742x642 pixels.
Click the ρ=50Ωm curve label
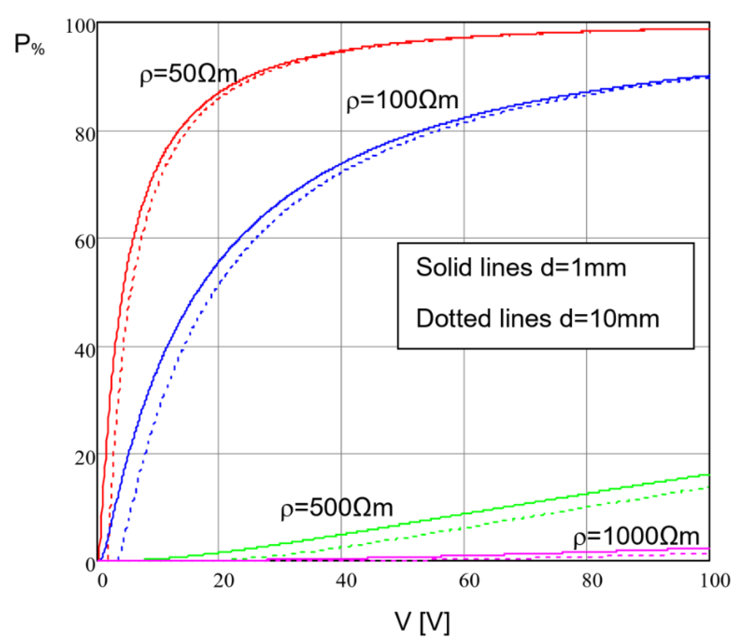tap(188, 75)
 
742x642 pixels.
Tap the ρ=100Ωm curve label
tap(402, 101)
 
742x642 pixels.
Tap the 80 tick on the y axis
tap(85, 135)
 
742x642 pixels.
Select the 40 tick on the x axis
tap(346, 581)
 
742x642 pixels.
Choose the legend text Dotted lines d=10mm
tap(537, 319)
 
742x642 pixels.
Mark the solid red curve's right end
tap(709, 29)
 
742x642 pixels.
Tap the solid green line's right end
tap(709, 475)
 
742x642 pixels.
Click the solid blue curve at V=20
tap(218, 260)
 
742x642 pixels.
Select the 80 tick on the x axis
tap(592, 581)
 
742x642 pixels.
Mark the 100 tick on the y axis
tap(81, 27)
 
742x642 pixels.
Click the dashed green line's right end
tap(709, 487)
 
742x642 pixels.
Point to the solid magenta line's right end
tap(709, 548)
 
